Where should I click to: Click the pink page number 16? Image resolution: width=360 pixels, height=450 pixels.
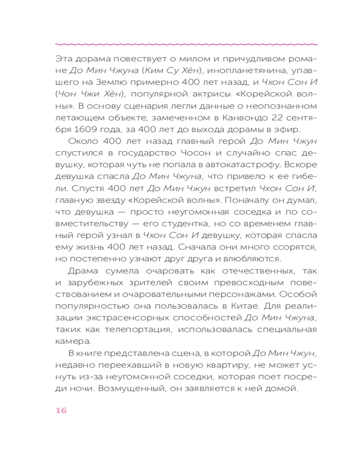(61, 410)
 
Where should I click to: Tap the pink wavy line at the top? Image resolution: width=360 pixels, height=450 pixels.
(186, 44)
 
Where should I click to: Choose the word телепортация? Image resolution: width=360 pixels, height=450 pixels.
(135, 329)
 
